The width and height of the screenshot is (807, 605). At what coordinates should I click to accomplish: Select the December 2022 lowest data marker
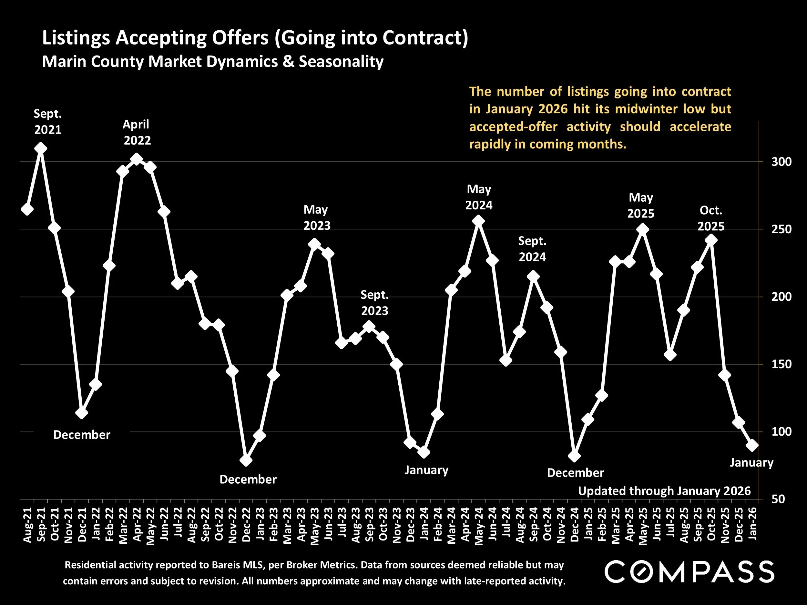tap(246, 460)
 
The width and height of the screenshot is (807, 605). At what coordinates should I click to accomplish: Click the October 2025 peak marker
tap(711, 240)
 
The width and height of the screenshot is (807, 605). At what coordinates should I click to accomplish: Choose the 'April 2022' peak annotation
tap(137, 132)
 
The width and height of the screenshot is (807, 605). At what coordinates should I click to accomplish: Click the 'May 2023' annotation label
tap(317, 217)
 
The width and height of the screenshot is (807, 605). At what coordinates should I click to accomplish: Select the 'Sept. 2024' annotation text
tap(532, 249)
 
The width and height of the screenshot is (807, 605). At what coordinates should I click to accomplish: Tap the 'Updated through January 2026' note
tap(664, 491)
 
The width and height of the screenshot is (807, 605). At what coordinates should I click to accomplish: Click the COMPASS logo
tap(689, 572)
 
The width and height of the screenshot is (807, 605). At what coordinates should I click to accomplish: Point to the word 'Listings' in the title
tap(76, 38)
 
